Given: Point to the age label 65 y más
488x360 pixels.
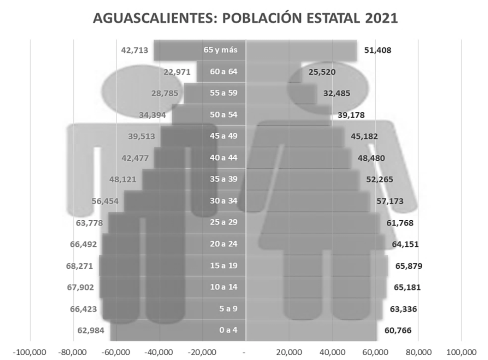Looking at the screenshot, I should [x=220, y=50].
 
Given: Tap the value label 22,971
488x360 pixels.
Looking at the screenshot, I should [x=177, y=72].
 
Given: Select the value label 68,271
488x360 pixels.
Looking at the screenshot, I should [x=79, y=266].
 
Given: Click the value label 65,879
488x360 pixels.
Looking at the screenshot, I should [x=409, y=266].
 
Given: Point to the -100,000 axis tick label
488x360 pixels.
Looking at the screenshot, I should [x=30, y=352].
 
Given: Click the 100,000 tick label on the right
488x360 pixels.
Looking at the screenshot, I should [x=461, y=352].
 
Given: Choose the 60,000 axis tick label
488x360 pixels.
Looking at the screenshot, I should [x=375, y=352].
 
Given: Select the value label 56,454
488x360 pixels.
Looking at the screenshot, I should [x=105, y=201].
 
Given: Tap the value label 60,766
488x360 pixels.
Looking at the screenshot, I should [x=398, y=330].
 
